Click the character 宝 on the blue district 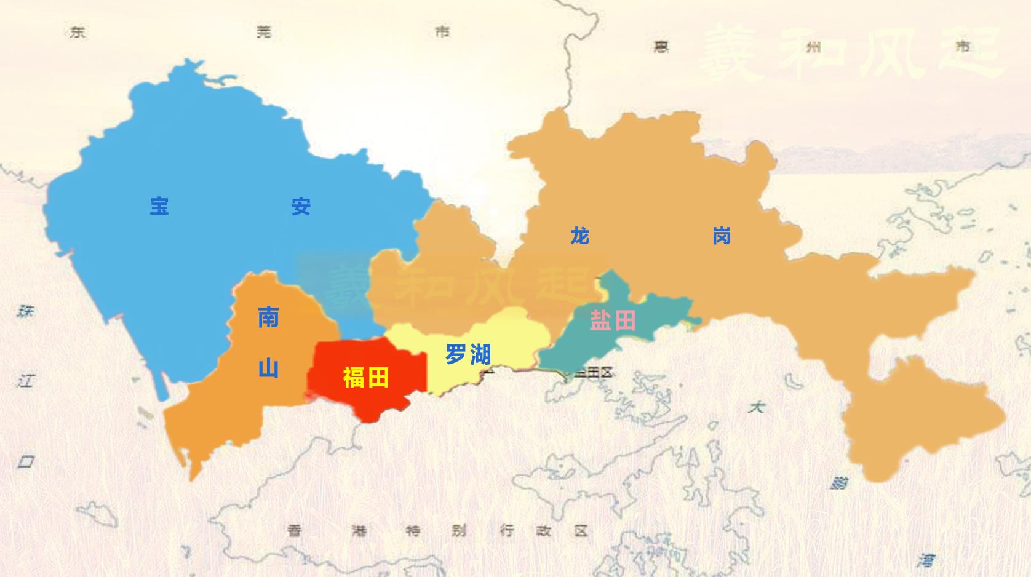[x=159, y=206]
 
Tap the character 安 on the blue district [x=301, y=207]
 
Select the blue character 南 [x=268, y=318]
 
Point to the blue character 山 [x=268, y=368]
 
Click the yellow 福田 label [x=366, y=377]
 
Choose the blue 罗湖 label [x=468, y=354]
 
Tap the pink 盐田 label [x=612, y=320]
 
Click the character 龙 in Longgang [x=579, y=236]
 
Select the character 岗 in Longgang [x=721, y=236]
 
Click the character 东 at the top [x=78, y=32]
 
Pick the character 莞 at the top [x=264, y=32]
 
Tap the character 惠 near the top [x=661, y=47]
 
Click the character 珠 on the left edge [x=25, y=311]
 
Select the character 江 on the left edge [x=25, y=381]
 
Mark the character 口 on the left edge [x=25, y=461]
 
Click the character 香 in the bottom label [x=295, y=530]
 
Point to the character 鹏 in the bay [x=838, y=483]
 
